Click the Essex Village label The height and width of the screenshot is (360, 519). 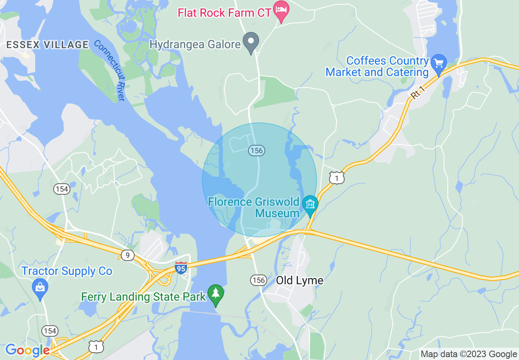click(47, 45)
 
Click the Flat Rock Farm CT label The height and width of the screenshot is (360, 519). click(224, 13)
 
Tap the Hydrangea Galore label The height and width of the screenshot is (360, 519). click(195, 44)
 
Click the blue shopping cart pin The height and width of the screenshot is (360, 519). click(439, 64)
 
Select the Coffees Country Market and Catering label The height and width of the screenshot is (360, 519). click(377, 67)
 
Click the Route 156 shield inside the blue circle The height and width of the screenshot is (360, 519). click(256, 151)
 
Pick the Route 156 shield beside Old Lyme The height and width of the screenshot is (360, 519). click(258, 280)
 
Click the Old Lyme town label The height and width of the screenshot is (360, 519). click(300, 281)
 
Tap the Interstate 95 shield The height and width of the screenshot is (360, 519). click(181, 268)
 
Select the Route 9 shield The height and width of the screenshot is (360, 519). click(127, 256)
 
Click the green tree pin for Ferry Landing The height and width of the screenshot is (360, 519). click(215, 294)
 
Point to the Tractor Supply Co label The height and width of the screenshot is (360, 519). click(67, 271)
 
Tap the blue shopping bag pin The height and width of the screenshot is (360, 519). click(40, 288)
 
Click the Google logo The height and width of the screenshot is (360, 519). click(27, 350)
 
